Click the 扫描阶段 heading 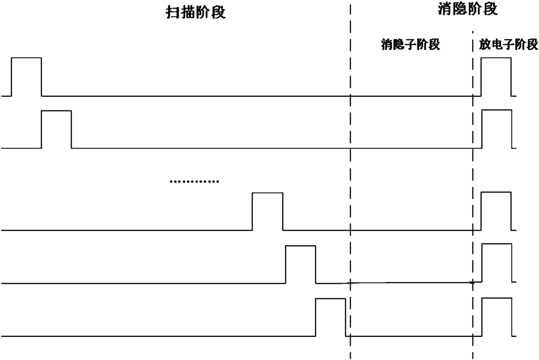[196, 13]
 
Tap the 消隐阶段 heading [467, 10]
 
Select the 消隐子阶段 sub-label [410, 44]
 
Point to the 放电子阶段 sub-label [509, 44]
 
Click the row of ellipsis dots [194, 181]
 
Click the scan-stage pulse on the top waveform [27, 76]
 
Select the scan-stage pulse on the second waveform [57, 130]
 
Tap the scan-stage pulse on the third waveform [267, 211]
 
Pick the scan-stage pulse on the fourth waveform [300, 264]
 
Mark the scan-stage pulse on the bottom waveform [330, 317]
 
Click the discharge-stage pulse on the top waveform [496, 76]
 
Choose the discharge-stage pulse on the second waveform [497, 130]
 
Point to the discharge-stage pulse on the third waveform [496, 211]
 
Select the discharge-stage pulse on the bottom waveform [497, 317]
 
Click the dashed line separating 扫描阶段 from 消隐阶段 [350, 174]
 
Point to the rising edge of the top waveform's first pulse [11, 76]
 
